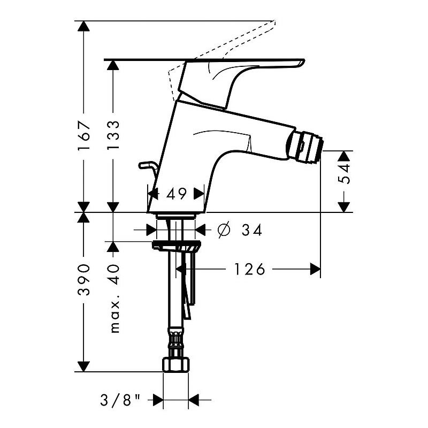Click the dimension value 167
tap(84, 136)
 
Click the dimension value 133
tap(113, 135)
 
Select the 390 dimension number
tap(83, 280)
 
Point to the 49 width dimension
tap(177, 194)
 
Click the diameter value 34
tap(251, 230)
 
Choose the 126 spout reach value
tap(249, 270)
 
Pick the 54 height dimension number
tap(344, 173)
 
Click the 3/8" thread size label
tap(120, 400)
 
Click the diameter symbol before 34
tap(224, 230)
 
